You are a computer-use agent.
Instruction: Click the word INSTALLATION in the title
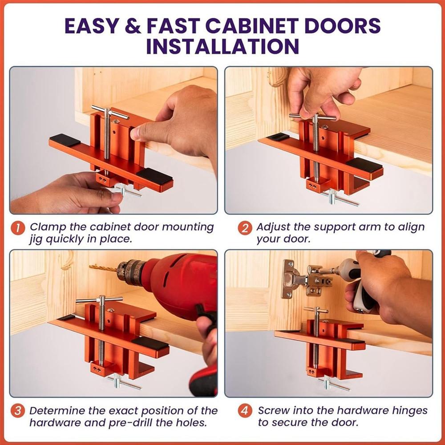(222, 46)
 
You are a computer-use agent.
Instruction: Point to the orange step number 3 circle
(18, 410)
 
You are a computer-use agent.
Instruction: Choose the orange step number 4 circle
(244, 410)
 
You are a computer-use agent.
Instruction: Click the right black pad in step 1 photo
(154, 177)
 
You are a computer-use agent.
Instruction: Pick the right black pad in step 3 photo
(150, 343)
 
